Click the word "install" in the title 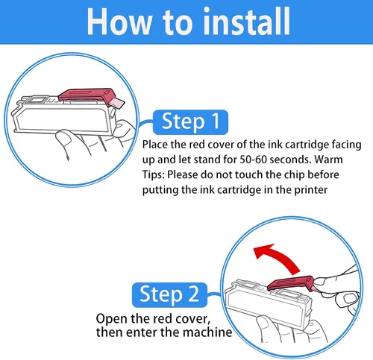[247, 21]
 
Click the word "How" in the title [119, 22]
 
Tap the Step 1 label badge [190, 121]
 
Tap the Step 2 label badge [169, 294]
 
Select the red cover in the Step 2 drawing [290, 284]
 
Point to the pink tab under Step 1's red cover [117, 103]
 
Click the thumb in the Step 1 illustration [63, 140]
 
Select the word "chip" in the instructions [294, 175]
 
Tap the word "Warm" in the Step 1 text [328, 160]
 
